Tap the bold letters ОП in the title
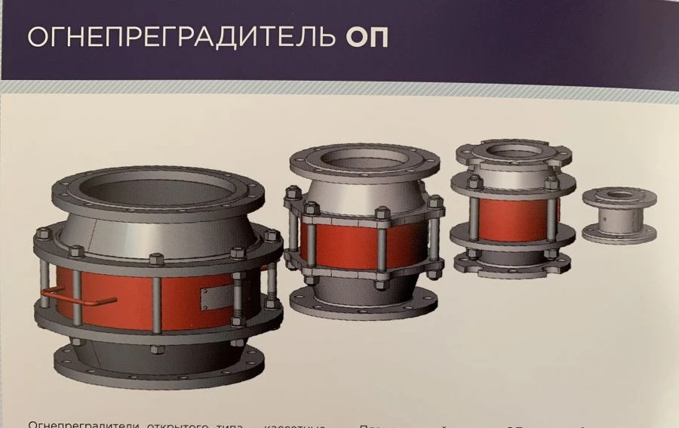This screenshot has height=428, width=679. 367,38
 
